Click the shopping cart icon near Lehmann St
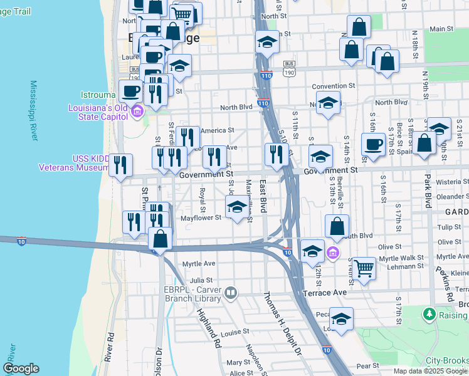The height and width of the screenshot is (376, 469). click(364, 268)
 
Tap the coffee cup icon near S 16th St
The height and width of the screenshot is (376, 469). click(374, 144)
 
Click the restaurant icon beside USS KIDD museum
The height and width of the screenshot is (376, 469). click(120, 165)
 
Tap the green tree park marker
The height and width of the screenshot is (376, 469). click(429, 313)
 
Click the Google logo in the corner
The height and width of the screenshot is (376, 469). click(21, 368)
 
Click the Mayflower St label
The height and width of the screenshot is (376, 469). click(201, 218)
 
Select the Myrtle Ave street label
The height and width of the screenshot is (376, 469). click(199, 263)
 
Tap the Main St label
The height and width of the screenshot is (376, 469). click(441, 29)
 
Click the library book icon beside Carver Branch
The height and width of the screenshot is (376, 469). click(231, 293)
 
